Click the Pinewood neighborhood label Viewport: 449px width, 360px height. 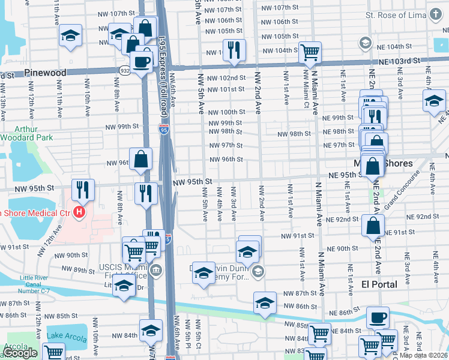pyautogui.click(x=45, y=73)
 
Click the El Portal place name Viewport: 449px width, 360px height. pyautogui.click(x=379, y=284)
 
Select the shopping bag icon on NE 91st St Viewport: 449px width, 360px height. pyautogui.click(x=373, y=226)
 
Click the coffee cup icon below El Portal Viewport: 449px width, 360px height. pyautogui.click(x=378, y=317)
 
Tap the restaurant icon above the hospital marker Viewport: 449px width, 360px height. pyautogui.click(x=82, y=190)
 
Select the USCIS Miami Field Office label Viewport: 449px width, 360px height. pyautogui.click(x=121, y=270)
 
